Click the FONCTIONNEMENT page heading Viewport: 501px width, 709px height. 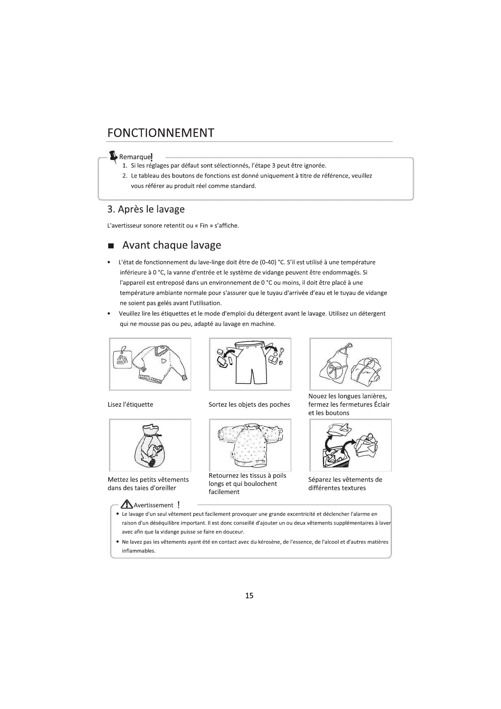160,133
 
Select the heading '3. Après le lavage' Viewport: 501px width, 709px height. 146,209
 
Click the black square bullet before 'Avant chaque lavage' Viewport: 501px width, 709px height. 111,246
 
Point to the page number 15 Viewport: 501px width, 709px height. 249,595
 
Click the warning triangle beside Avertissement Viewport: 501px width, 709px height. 126,504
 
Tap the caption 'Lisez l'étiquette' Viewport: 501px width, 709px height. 131,405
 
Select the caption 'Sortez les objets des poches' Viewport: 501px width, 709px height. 249,405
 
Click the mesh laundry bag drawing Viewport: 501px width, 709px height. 149,447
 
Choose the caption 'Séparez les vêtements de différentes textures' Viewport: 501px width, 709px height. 345,484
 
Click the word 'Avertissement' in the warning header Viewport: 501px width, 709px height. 153,505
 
